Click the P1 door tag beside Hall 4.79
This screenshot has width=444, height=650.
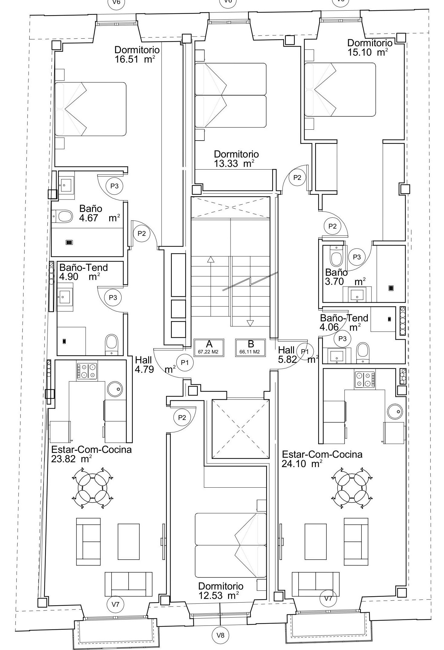tap(185, 362)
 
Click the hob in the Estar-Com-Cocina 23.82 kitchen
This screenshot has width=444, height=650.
tap(87, 371)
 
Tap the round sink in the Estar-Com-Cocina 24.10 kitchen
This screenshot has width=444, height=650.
tap(396, 411)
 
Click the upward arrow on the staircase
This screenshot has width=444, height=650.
tap(211, 259)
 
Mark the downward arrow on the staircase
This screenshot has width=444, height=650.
tap(250, 323)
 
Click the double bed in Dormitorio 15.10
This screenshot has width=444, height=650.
tap(340, 89)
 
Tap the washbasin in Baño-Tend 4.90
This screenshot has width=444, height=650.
tap(65, 297)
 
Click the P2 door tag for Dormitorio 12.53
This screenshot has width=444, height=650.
tap(182, 418)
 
